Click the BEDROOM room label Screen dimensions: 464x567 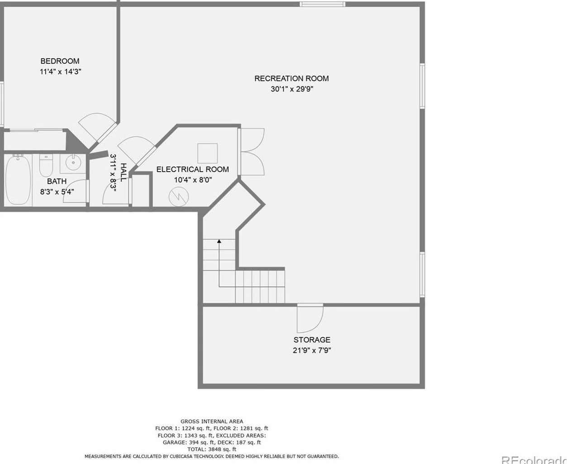[x=60, y=61]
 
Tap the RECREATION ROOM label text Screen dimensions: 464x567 [x=291, y=78]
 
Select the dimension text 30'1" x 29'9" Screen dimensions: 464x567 [x=292, y=89]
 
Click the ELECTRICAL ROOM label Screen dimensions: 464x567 [x=192, y=169]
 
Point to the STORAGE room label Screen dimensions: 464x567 [x=312, y=340]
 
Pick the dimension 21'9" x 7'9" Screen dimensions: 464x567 [x=312, y=350]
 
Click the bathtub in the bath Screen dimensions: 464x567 [x=18, y=180]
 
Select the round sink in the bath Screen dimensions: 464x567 [x=73, y=162]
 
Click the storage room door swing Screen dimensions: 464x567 [x=310, y=319]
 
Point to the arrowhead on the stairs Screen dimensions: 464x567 [x=219, y=242]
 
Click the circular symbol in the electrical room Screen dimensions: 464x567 [x=178, y=196]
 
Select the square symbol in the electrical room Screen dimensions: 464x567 [x=207, y=153]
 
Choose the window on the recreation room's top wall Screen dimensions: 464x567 [x=323, y=4]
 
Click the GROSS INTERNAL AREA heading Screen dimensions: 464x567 [x=212, y=421]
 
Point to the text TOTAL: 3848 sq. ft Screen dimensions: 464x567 [x=212, y=450]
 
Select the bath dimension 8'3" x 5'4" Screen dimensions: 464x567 [x=57, y=191]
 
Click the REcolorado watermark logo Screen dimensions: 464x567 [x=534, y=459]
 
